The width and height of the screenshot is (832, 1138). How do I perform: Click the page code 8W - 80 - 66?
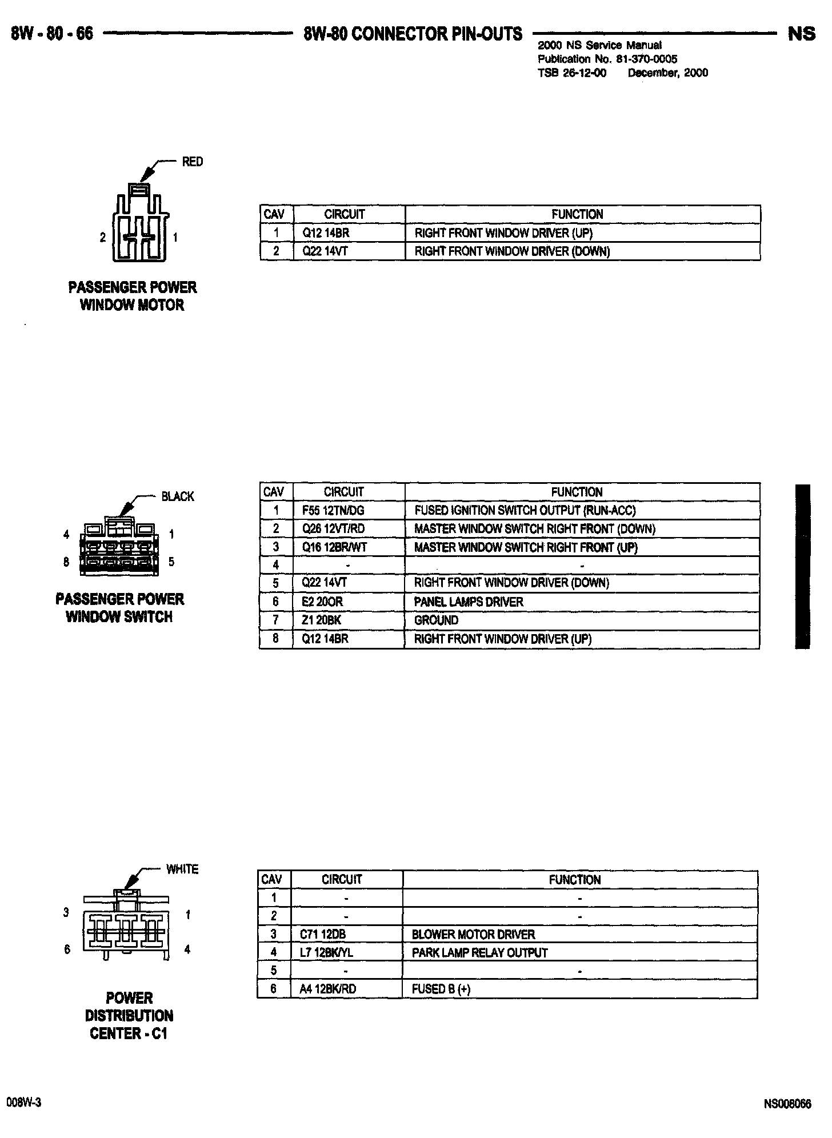pyautogui.click(x=52, y=34)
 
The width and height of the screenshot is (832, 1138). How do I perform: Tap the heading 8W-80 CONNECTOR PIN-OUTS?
pyautogui.click(x=413, y=34)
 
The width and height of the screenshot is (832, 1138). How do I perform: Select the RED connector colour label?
pyautogui.click(x=192, y=162)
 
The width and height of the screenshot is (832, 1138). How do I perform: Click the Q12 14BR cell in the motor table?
pyautogui.click(x=326, y=233)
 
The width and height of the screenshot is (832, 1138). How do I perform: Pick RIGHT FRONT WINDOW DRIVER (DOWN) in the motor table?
pyautogui.click(x=512, y=251)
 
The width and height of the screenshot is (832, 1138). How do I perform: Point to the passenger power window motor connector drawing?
pyautogui.click(x=140, y=226)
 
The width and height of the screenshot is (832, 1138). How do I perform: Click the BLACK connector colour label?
pyautogui.click(x=178, y=496)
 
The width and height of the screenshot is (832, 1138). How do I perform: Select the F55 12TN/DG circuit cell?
pyautogui.click(x=333, y=511)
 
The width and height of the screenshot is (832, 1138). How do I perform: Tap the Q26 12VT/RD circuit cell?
pyautogui.click(x=333, y=529)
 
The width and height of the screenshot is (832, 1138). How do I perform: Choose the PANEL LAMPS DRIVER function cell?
pyautogui.click(x=469, y=602)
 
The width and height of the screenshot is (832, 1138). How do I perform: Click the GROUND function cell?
pyautogui.click(x=436, y=620)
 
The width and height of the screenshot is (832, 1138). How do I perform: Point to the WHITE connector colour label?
pyautogui.click(x=182, y=869)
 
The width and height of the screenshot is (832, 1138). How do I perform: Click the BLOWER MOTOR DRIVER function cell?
pyautogui.click(x=473, y=935)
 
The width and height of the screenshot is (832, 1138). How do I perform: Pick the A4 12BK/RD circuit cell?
pyautogui.click(x=328, y=989)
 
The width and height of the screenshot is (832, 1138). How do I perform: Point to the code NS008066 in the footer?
pyautogui.click(x=787, y=1104)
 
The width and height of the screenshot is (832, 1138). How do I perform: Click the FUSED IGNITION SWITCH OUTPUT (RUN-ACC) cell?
pyautogui.click(x=525, y=511)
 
